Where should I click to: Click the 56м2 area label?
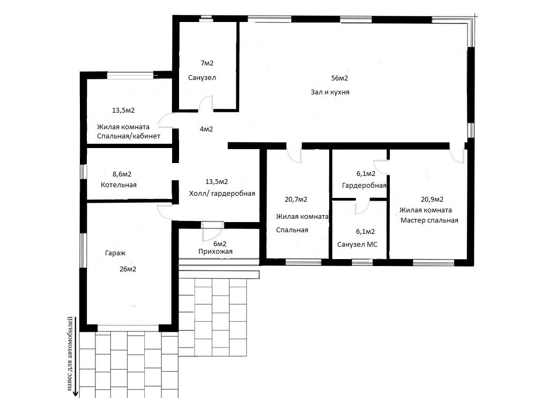coord(339,78)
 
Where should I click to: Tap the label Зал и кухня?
coord(330,92)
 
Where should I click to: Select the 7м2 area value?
coord(206,63)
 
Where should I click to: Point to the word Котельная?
coord(118,185)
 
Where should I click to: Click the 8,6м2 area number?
coord(122,174)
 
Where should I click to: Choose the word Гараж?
coord(115,253)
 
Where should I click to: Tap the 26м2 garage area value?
coord(128,269)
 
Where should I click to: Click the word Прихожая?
coord(216,251)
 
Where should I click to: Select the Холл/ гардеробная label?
coord(222,194)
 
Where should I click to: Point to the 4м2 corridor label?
coord(206,129)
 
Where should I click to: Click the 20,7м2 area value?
coord(296,200)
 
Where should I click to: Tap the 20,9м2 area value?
coord(432,200)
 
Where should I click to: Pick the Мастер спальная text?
coord(429,220)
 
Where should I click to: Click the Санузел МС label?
coord(357,244)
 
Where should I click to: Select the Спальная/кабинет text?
coord(129,136)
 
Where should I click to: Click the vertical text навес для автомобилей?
coord(70,353)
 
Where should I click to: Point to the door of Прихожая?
coord(212,231)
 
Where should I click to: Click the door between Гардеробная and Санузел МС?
coord(363,207)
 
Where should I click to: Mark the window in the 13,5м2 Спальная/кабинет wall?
coord(130,75)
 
